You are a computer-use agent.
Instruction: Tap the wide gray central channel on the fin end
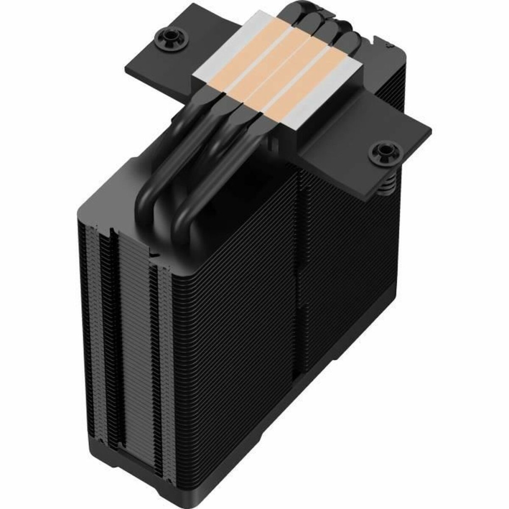point(135,356)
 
